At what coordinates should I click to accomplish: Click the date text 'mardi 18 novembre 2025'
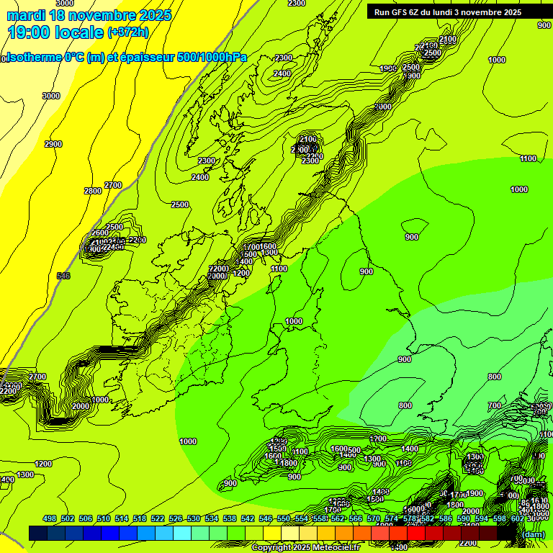click(89, 15)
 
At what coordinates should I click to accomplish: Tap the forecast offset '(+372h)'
click(127, 32)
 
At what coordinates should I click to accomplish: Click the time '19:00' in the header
click(30, 32)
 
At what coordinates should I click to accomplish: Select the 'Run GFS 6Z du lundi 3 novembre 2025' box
click(458, 12)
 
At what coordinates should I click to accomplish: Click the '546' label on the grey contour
click(63, 276)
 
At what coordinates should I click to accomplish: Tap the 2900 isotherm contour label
click(53, 144)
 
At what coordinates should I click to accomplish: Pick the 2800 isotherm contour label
click(92, 191)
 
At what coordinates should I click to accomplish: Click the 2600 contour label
click(100, 233)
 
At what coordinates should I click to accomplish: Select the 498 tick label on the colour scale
click(50, 518)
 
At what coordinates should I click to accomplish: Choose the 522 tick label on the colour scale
click(158, 518)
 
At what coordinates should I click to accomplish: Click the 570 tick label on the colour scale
click(373, 518)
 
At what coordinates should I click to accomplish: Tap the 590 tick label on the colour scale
click(463, 518)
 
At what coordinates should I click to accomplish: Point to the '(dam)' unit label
click(533, 534)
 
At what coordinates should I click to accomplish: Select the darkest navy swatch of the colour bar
click(38, 533)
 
